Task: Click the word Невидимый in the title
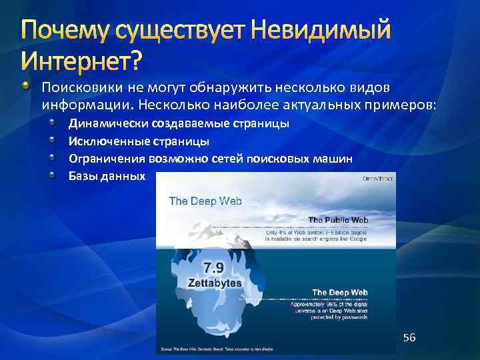(x=313, y=31)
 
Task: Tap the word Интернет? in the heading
(x=82, y=61)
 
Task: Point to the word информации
(x=87, y=105)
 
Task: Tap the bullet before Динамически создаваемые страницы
(x=53, y=123)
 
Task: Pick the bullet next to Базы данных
(x=53, y=176)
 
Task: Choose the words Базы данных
(x=107, y=177)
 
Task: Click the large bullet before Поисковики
(x=25, y=87)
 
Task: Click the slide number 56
(x=409, y=338)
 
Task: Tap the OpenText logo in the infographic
(x=377, y=178)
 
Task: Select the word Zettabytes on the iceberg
(x=209, y=283)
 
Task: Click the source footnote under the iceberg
(x=233, y=349)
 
